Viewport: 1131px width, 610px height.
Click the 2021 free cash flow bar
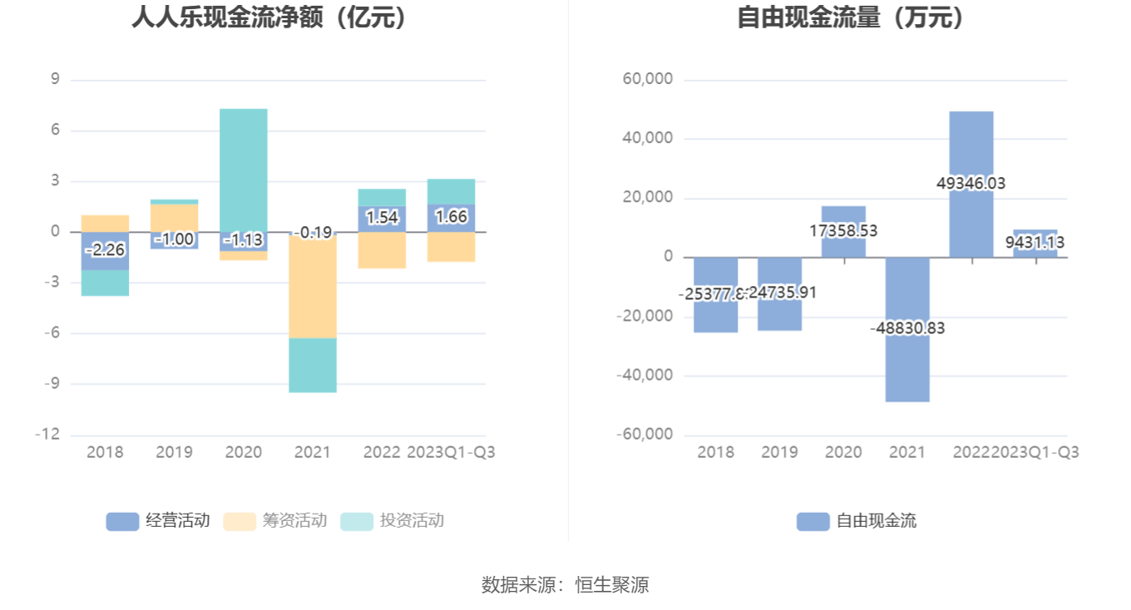coord(907,366)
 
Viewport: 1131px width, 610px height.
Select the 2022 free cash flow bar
coord(971,141)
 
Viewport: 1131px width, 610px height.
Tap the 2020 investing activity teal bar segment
coord(244,166)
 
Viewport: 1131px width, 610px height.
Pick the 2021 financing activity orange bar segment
coord(313,287)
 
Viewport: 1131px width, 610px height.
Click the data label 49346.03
coord(971,183)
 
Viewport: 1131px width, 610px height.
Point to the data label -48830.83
coord(907,328)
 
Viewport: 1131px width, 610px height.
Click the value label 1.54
coord(383,218)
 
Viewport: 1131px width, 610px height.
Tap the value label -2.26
coord(105,249)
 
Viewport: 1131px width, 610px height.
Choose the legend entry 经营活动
coord(158,521)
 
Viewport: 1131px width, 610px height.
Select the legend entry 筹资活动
coord(275,521)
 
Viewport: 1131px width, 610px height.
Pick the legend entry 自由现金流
coord(857,521)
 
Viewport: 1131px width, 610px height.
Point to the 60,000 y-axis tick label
coord(648,80)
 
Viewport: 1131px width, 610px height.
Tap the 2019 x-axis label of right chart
coord(779,452)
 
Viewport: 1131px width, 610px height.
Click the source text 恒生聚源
coord(612,584)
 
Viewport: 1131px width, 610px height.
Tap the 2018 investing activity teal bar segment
coord(105,283)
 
